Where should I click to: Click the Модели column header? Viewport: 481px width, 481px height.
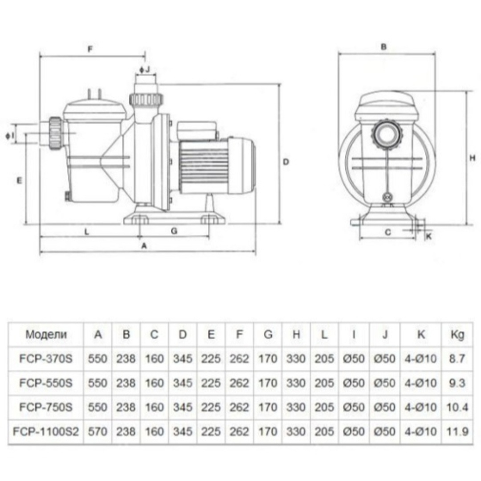click(46, 335)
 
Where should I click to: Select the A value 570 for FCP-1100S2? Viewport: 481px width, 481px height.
click(98, 431)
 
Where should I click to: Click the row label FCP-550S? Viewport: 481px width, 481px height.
click(46, 383)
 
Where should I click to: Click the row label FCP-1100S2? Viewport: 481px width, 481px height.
click(46, 431)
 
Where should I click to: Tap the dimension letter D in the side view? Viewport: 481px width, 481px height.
click(286, 162)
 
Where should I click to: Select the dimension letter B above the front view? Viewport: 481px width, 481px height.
click(384, 46)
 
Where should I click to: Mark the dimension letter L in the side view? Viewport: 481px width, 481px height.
click(87, 231)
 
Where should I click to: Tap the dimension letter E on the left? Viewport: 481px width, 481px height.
click(19, 180)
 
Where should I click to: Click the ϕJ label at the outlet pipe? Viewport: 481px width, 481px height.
click(145, 69)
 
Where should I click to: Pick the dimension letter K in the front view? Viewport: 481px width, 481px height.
click(429, 237)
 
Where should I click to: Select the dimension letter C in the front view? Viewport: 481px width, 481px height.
click(387, 232)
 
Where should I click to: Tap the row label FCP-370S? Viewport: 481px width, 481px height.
click(46, 359)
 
